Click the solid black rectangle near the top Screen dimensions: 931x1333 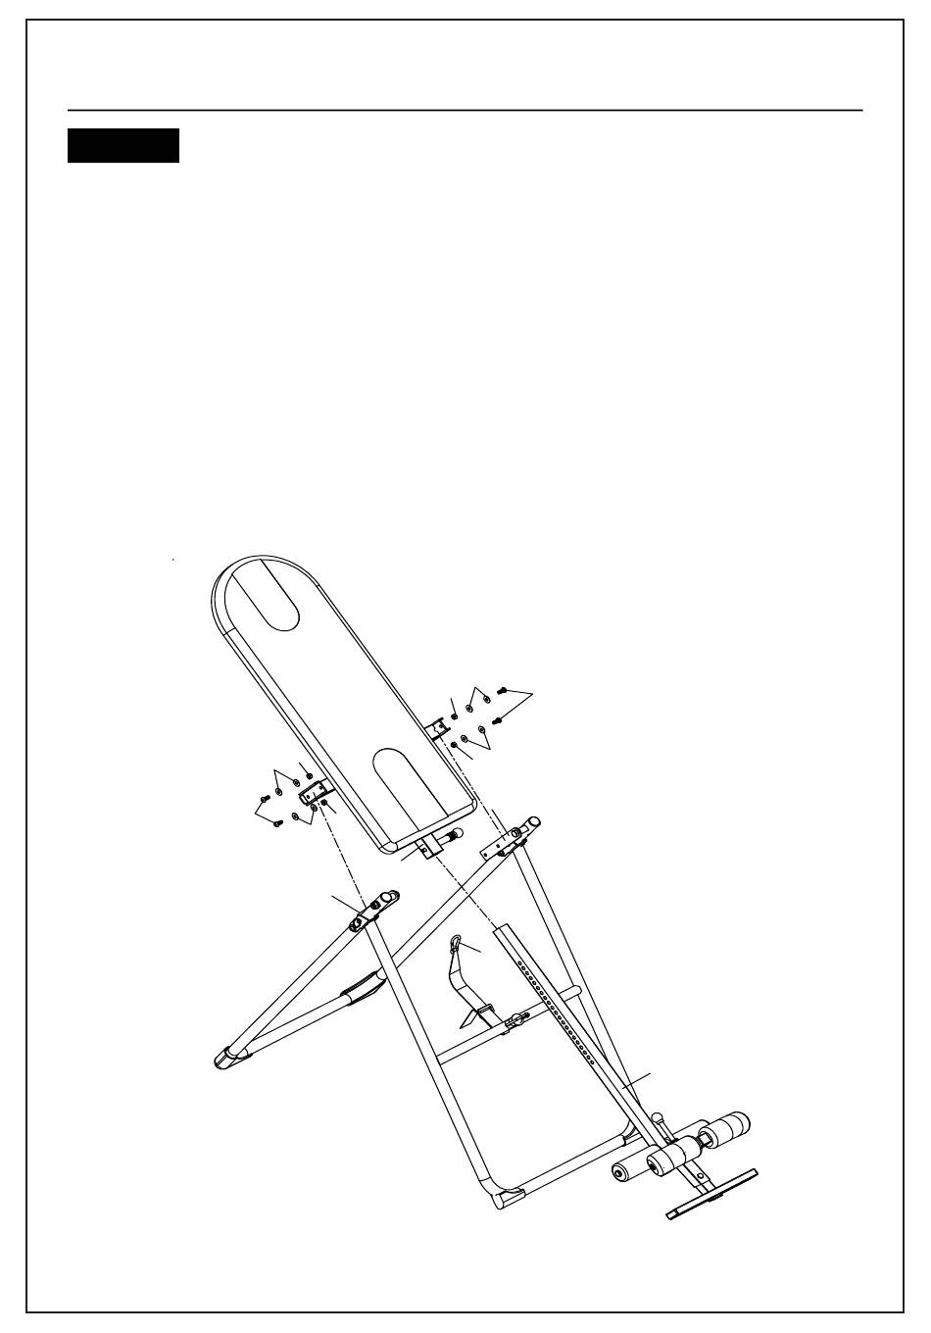(x=123, y=145)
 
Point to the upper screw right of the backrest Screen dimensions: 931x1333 (x=502, y=692)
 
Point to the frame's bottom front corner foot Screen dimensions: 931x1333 (x=510, y=1198)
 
